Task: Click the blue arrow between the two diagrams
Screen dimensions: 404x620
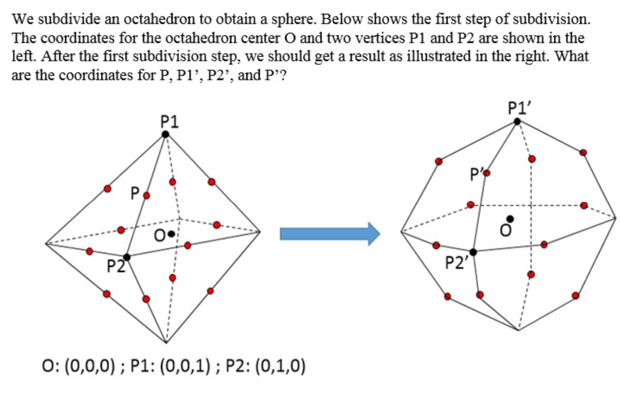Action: tap(330, 233)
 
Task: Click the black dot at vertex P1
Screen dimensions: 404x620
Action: tap(165, 134)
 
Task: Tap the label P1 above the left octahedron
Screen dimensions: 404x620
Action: tap(170, 121)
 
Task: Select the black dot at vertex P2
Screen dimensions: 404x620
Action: tap(127, 257)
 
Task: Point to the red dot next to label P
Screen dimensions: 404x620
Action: tap(145, 196)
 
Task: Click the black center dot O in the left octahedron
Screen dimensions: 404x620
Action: tap(172, 233)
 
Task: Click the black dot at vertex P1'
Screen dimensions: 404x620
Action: tap(517, 121)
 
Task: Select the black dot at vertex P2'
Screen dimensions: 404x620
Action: tap(473, 251)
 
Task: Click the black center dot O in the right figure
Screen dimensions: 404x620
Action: tap(511, 219)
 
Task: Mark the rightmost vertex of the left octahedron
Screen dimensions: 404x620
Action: tap(260, 231)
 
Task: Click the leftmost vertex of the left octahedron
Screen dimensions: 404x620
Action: tap(45, 243)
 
